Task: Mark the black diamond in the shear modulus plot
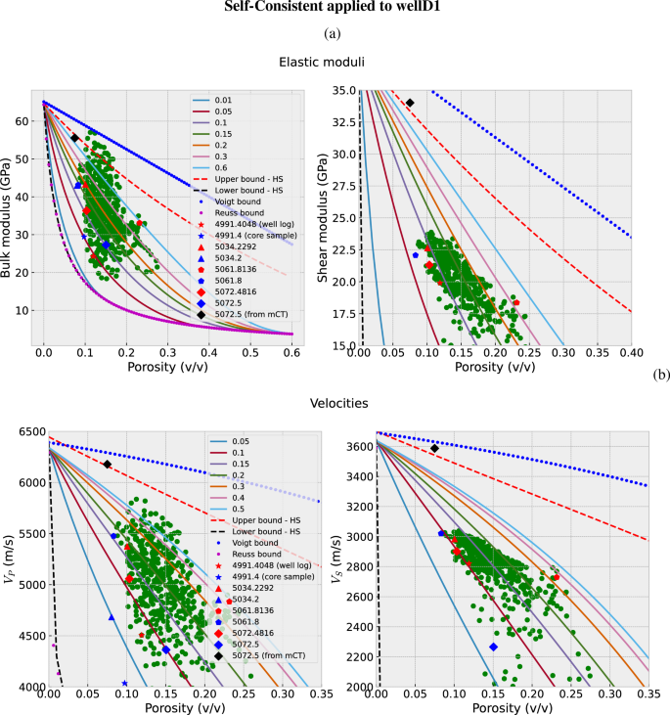(410, 103)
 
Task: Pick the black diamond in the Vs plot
(434, 448)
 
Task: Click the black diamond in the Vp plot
(107, 465)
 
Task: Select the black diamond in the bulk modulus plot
(74, 138)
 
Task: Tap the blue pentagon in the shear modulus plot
(416, 254)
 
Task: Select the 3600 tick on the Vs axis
(354, 446)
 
